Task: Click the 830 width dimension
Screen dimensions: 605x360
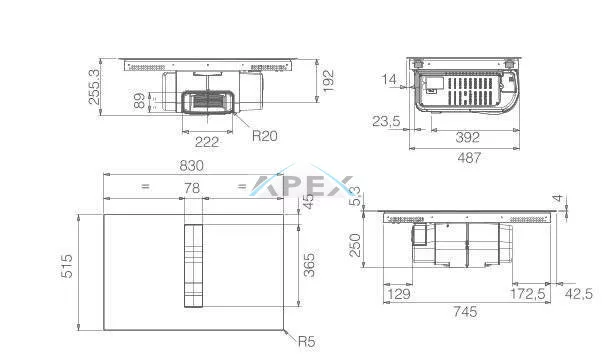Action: (191, 166)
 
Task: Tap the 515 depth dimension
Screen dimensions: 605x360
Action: (67, 266)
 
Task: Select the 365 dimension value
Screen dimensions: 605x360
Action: (309, 265)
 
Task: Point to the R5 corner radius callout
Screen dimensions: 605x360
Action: (307, 341)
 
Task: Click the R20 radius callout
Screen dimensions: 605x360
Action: (265, 136)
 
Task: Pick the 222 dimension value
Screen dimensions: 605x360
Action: (207, 142)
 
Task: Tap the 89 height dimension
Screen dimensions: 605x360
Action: (139, 100)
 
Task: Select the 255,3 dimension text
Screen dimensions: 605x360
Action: (94, 86)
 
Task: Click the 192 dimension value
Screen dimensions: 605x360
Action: (328, 81)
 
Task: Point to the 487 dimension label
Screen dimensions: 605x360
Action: (469, 157)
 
